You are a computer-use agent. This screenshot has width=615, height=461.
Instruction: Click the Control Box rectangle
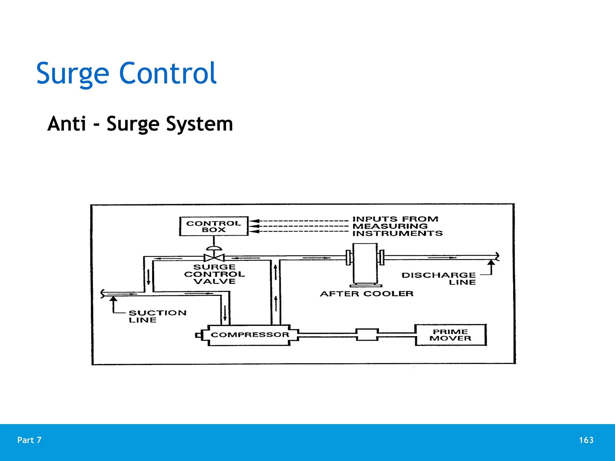[214, 226]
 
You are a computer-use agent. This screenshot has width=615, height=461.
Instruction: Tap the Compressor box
[250, 335]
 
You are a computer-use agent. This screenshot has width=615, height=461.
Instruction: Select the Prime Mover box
[450, 335]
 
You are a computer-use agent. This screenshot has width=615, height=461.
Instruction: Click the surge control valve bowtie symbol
[214, 258]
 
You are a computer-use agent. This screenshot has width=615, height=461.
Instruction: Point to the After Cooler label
[367, 294]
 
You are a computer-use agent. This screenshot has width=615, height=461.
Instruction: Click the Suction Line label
[157, 316]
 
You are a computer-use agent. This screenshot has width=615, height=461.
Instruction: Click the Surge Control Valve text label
[214, 274]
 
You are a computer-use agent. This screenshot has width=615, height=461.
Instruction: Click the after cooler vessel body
[365, 264]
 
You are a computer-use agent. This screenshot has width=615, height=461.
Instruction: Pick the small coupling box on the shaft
[367, 335]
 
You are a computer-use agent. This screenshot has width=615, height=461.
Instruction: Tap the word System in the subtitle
[199, 124]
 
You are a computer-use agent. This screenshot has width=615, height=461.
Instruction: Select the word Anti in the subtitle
[67, 124]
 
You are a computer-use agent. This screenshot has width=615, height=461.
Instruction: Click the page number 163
[586, 440]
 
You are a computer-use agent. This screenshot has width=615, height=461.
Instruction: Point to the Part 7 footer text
[29, 440]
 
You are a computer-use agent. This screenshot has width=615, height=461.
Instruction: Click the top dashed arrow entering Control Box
[297, 221]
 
